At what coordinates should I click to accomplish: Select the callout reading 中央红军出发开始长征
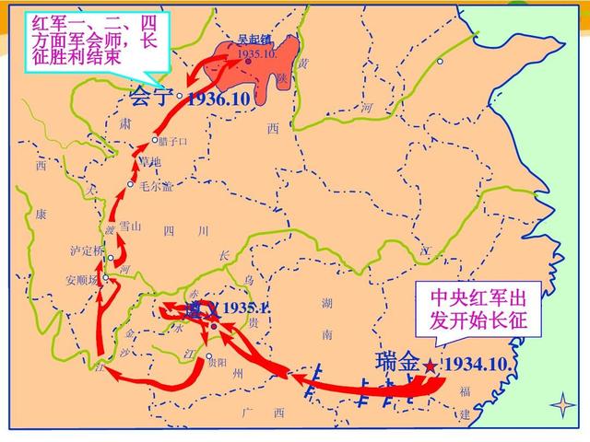479,310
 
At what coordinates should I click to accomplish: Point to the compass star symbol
561,404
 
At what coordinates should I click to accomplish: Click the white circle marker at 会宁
179,94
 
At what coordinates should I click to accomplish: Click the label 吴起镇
254,41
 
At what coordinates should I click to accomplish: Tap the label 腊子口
172,141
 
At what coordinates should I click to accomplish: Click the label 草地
148,162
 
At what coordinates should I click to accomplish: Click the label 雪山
130,226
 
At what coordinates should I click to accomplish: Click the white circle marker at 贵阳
209,357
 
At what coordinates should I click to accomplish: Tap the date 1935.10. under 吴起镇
256,55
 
